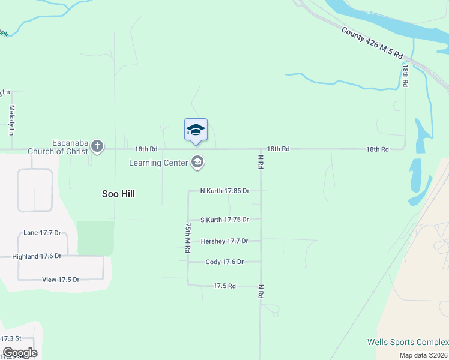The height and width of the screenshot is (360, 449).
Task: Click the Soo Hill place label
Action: [x=118, y=194]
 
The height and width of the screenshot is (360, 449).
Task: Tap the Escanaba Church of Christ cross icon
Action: [x=97, y=146]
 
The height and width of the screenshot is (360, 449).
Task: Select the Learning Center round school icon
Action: [x=197, y=162]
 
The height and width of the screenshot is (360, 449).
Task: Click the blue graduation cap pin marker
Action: [x=196, y=130]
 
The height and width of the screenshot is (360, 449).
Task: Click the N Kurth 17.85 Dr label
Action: [x=224, y=191]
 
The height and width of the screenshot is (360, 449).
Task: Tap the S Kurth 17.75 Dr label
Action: [x=224, y=220]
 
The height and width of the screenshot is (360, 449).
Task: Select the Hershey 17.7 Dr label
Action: [x=223, y=241]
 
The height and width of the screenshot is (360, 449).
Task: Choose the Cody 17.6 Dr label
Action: [x=224, y=262]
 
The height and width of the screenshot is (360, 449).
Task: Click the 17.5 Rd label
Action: [x=224, y=286]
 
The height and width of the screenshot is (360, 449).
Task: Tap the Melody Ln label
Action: [x=11, y=120]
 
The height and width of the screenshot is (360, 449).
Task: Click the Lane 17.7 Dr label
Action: [x=42, y=233]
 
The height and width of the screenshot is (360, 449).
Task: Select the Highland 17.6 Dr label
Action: [x=37, y=256]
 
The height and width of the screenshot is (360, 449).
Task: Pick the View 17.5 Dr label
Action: [x=61, y=280]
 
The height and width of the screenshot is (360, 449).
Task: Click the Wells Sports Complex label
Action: [x=408, y=343]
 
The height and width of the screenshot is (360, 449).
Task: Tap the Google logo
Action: [x=20, y=353]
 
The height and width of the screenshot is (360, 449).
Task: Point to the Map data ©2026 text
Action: [x=423, y=355]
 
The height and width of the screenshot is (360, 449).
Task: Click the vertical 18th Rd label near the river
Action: [x=406, y=78]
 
